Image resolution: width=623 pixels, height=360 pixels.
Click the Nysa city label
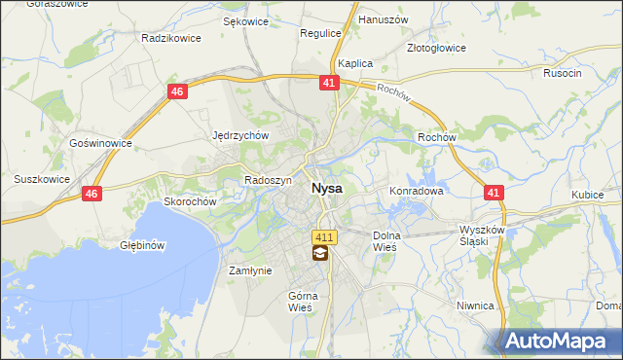(x=326, y=189)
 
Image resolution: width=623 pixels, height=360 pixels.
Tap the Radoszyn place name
(x=269, y=181)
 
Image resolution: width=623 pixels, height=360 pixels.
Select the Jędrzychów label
(x=239, y=136)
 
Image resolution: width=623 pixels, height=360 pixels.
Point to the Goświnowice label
(x=100, y=142)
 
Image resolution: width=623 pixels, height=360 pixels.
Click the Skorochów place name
(x=189, y=201)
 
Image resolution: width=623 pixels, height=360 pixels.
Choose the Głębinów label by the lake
(x=141, y=245)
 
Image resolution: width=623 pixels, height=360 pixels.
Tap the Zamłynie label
(x=249, y=271)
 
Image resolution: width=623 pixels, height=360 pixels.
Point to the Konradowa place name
(x=417, y=192)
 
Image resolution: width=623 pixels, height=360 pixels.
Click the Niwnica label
(x=475, y=306)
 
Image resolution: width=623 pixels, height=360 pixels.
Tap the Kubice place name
(x=588, y=196)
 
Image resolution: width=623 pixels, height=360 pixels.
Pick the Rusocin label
(x=563, y=73)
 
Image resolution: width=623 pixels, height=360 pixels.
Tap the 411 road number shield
(x=324, y=237)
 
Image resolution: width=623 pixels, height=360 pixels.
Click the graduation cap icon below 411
(x=319, y=255)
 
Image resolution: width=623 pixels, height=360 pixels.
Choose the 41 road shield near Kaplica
(x=328, y=84)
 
